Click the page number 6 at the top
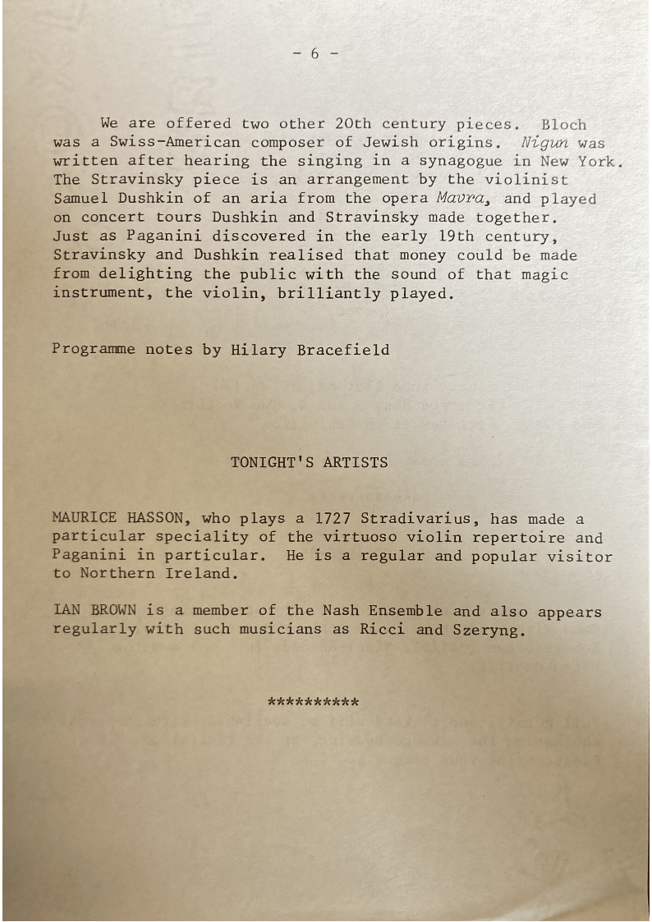[315, 54]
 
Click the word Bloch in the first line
[563, 125]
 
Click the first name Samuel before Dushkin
[80, 199]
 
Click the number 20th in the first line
[353, 125]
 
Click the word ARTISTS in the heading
[355, 462]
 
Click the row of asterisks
[314, 704]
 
